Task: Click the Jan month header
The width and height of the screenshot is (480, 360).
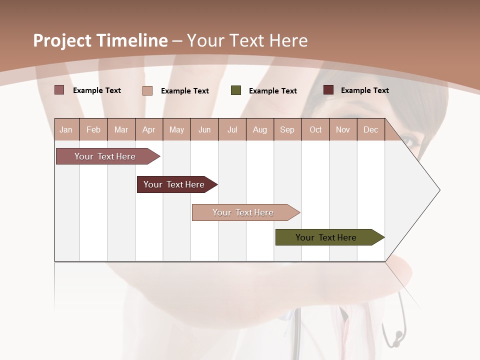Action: coord(66,129)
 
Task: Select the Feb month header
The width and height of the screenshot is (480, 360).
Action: coord(93,129)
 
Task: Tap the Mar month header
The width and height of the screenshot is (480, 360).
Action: coord(121,129)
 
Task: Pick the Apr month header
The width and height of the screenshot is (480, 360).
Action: coord(149,129)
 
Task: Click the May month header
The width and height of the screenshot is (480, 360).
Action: coord(176,129)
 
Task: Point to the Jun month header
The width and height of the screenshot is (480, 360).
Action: coord(204,129)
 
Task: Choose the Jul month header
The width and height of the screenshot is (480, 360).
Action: coord(232,129)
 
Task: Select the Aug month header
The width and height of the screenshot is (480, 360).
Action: coord(260,129)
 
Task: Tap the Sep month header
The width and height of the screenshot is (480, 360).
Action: coord(287,129)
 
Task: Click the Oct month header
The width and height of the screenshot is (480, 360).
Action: coord(315,129)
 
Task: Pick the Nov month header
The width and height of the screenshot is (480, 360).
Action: coord(343,129)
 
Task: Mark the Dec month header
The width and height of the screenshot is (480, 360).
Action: coord(371,129)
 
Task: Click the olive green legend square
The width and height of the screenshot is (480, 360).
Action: coord(236,90)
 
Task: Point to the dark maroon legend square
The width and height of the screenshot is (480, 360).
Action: coord(328,90)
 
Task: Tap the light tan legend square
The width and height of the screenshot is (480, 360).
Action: coord(147,90)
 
